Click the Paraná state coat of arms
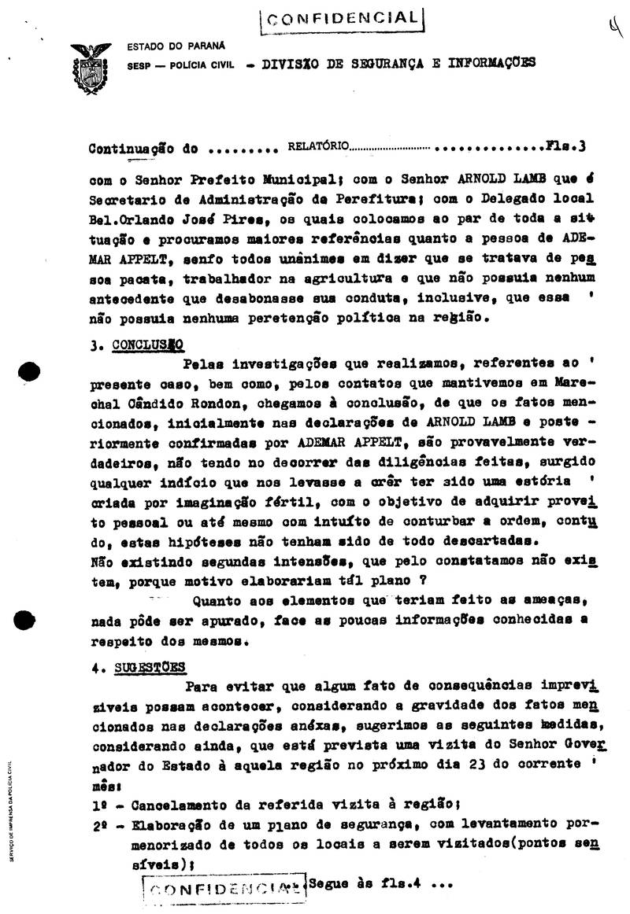[91, 68]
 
